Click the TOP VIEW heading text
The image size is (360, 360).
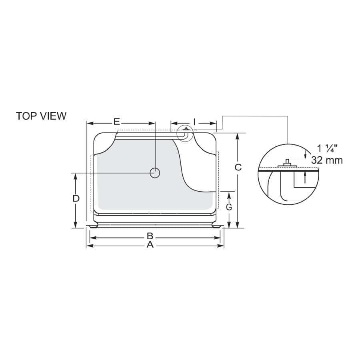(41, 116)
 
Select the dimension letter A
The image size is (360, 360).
(150, 245)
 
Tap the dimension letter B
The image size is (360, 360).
(150, 236)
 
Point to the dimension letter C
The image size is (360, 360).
(238, 167)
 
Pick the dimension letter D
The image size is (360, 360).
(76, 198)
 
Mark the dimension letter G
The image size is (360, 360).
(229, 207)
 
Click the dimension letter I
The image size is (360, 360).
(194, 122)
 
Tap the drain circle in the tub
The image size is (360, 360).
(155, 173)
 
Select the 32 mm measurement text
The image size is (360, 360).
(327, 160)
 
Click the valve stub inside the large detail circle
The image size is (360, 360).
(287, 162)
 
